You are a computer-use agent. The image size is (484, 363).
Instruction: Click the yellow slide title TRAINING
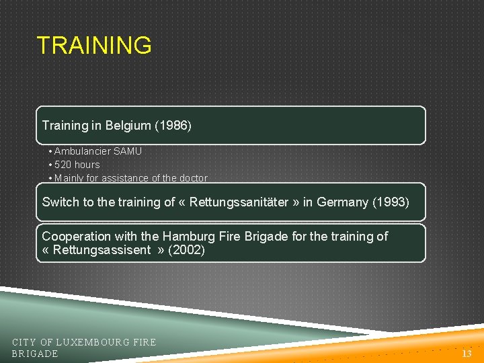(94, 46)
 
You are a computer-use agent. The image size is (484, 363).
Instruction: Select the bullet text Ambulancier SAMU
(97, 151)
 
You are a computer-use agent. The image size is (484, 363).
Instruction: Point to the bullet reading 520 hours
(77, 165)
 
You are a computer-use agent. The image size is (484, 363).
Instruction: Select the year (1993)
(391, 202)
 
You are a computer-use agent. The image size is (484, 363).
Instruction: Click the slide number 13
(467, 354)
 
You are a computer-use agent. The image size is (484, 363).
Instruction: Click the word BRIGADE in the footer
(35, 354)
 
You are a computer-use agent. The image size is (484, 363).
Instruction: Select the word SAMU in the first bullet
(128, 151)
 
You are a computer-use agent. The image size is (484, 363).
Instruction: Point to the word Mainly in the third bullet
(69, 178)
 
